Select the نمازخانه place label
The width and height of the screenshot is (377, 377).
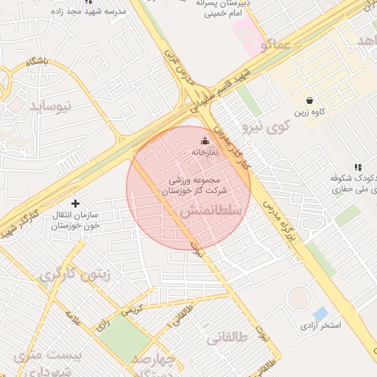coord(205,152)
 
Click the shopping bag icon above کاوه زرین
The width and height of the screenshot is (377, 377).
coord(310,101)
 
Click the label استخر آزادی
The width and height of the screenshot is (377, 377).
coord(320,325)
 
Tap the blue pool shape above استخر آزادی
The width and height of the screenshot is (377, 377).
coord(320,314)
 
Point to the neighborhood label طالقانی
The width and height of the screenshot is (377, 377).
coord(228,339)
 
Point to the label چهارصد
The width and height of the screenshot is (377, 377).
coord(155,360)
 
